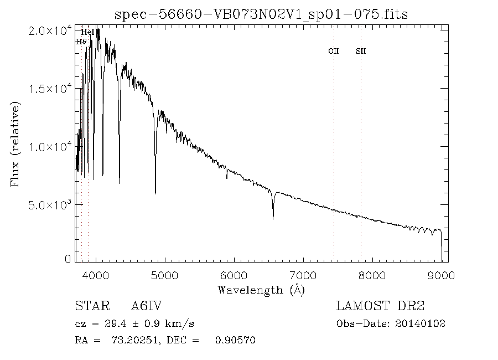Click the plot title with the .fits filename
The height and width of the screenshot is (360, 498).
point(261,14)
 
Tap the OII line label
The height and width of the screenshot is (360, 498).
point(333,51)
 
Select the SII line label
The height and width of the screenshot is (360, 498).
point(361,51)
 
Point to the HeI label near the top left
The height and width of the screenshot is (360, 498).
point(88,33)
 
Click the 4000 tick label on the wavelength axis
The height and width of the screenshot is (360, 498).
point(96,274)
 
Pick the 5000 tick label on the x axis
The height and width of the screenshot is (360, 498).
point(165,274)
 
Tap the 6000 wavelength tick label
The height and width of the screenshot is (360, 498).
point(234,274)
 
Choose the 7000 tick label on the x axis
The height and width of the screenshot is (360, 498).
point(303,274)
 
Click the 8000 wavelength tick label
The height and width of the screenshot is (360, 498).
point(372,274)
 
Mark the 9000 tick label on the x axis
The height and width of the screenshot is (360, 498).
point(441,274)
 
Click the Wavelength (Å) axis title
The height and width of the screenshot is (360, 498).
point(261,289)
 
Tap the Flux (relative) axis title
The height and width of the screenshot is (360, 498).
point(15,144)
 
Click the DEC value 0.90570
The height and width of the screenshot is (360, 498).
point(235,340)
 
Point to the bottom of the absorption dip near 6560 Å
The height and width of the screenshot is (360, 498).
point(273,219)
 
